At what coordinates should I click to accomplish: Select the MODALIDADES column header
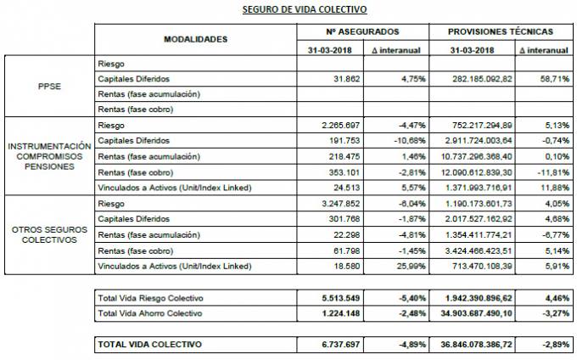coord(195,39)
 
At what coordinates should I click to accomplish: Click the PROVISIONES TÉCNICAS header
coord(501,31)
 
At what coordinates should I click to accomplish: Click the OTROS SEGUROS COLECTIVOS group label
coord(48,233)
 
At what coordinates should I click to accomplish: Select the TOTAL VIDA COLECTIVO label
coord(151,345)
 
